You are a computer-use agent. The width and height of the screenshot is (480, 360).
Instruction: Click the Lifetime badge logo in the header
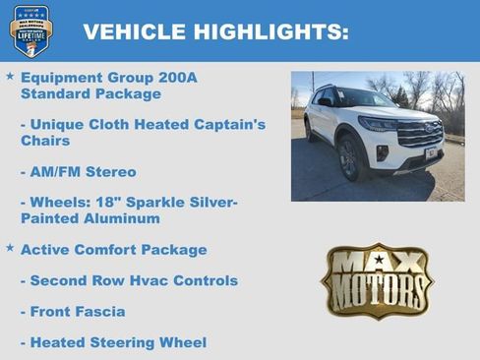(30, 30)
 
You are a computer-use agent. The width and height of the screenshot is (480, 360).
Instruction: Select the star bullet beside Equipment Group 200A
(10, 76)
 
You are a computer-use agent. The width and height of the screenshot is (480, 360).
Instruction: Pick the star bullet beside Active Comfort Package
(10, 248)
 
